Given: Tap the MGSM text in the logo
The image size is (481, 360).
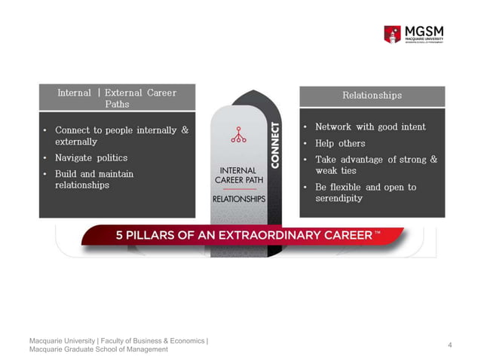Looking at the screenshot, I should pos(423,31).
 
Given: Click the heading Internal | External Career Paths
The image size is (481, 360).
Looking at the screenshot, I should pos(117,99).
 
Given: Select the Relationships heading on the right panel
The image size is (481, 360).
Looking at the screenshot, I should pos(372,96).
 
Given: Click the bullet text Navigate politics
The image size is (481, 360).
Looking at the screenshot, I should pos(91,158).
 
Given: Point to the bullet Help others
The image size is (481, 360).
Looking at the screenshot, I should pos(340,143).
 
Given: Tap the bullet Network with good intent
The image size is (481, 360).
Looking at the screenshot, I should pos(370,127).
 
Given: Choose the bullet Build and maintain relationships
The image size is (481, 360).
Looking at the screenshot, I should pos(94,179).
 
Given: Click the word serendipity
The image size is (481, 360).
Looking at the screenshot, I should pos(339,198).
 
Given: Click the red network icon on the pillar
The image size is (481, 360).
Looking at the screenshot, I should pos(238,135).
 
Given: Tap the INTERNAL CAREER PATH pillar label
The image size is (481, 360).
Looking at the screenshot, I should pos(237,175).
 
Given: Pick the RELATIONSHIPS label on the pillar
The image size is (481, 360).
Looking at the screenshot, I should pos(238,200).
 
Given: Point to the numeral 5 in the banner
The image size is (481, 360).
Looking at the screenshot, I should pos(119,236).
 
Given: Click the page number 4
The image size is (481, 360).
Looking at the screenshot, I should pos(449,345).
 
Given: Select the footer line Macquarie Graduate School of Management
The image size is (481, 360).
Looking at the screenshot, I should pos(99,349).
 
